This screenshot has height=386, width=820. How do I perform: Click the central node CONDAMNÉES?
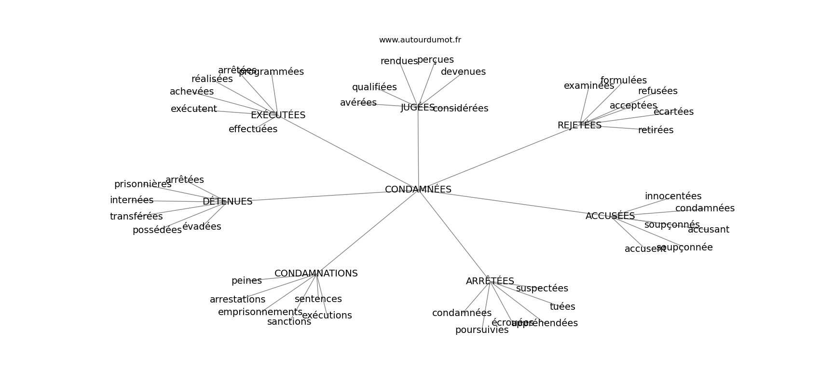point(418,190)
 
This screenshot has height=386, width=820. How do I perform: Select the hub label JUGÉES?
point(418,108)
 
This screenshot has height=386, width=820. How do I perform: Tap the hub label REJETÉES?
point(579,125)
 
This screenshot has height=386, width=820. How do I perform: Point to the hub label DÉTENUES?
point(227,202)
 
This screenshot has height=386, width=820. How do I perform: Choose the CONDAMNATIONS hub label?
point(316,274)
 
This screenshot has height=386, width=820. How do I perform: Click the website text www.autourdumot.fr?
point(420,40)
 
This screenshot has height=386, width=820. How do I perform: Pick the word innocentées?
point(673,196)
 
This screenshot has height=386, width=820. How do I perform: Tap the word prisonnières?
point(143,184)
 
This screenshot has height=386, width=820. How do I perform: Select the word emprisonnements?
point(260,312)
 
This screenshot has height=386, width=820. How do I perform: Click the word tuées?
point(562,307)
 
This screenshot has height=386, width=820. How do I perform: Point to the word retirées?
point(656,130)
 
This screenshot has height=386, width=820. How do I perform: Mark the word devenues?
point(463,72)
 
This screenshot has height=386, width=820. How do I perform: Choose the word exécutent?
point(193,109)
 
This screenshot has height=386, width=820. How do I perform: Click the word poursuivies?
point(481,330)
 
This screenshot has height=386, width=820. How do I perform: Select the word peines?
point(246,281)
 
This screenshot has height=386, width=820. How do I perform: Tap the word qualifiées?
point(374,87)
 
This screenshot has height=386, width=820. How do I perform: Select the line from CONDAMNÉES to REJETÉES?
point(497,158)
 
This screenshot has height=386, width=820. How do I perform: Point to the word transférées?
point(136,217)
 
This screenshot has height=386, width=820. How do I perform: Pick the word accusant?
point(708,230)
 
